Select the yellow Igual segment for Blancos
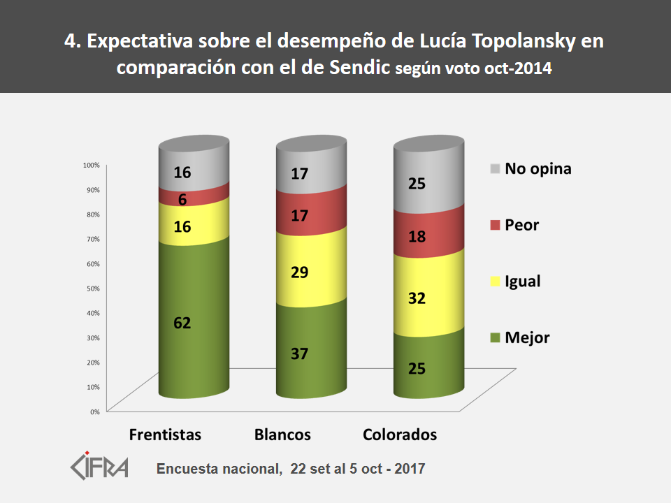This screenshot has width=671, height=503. click(312, 269)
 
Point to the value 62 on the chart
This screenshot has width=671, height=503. click(182, 323)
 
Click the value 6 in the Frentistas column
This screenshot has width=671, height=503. click(182, 199)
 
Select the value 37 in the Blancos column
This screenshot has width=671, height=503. click(300, 353)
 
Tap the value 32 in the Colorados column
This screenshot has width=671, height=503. click(417, 298)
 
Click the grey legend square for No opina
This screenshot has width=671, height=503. click(496, 168)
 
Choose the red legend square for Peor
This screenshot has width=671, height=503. click(496, 225)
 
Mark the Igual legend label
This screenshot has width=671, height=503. click(523, 282)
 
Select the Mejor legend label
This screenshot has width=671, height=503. click(527, 337)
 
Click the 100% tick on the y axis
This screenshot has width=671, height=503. click(92, 165)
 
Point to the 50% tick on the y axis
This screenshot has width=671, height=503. click(93, 288)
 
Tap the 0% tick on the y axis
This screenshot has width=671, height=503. click(95, 411)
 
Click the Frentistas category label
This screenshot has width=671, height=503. click(165, 435)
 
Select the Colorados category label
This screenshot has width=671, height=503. click(400, 435)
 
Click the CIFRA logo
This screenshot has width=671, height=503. click(100, 465)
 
